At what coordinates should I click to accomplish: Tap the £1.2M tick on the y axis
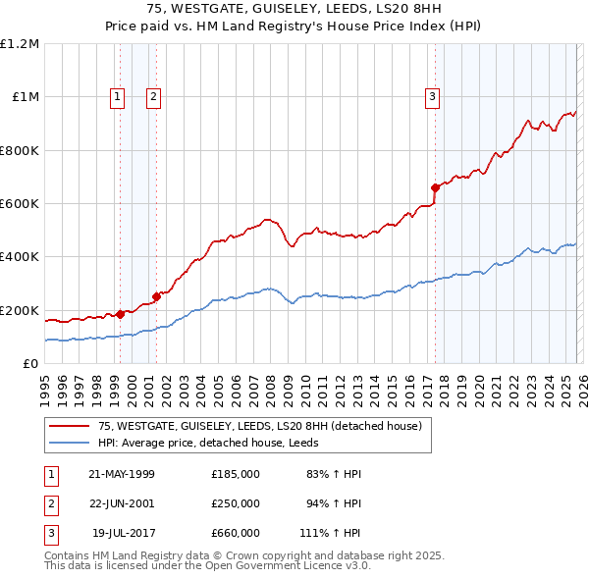[20, 44]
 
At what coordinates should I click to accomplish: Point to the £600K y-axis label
[20, 204]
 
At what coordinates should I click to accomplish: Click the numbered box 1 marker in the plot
[118, 96]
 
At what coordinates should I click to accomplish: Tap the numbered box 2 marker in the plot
[154, 96]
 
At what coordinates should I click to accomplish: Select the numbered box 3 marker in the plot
[432, 96]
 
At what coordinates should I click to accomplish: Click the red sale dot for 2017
[434, 186]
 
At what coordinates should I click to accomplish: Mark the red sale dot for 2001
[156, 296]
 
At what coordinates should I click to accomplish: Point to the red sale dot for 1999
[120, 314]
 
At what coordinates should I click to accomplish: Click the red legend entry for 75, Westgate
[260, 426]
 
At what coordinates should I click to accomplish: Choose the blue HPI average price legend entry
[216, 443]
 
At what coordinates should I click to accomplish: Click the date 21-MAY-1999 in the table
[122, 474]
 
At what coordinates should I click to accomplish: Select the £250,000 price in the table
[236, 503]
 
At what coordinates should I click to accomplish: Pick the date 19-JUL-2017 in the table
[122, 534]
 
